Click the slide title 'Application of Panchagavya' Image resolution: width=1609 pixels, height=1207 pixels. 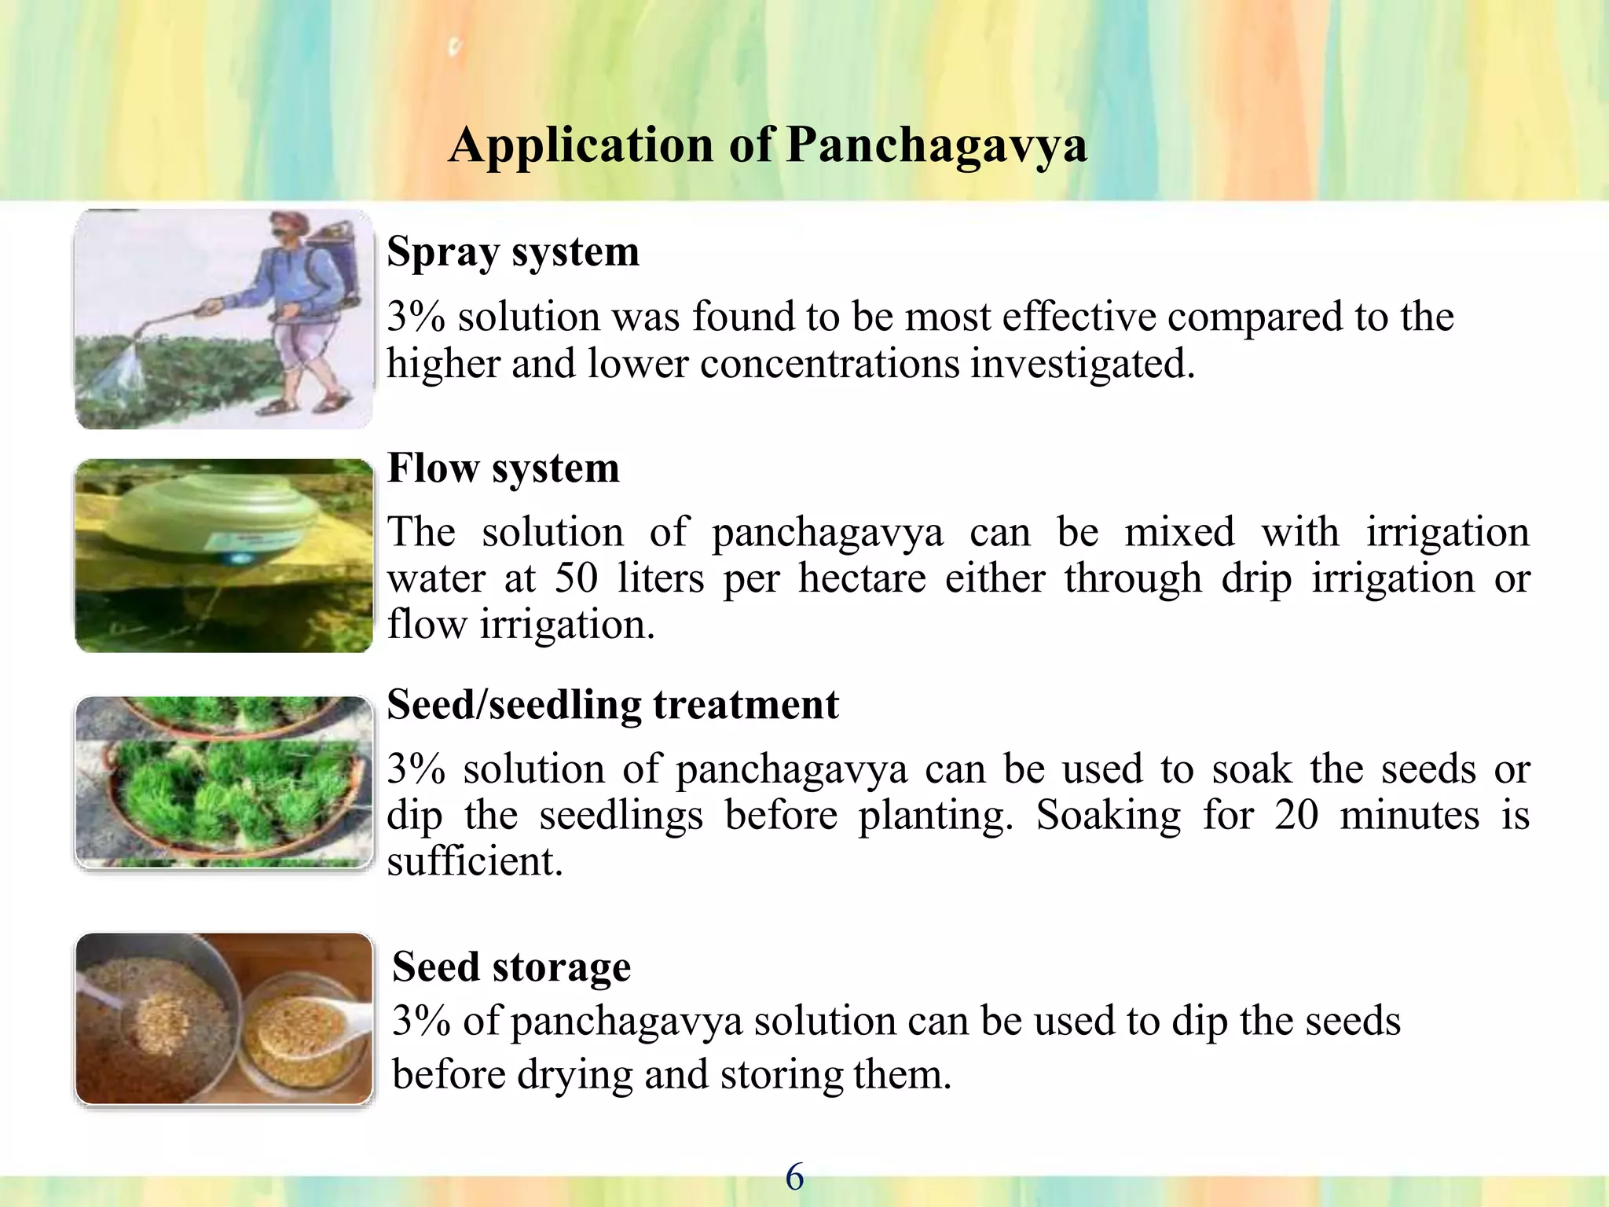(x=768, y=145)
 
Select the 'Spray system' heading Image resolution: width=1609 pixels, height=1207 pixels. (x=513, y=252)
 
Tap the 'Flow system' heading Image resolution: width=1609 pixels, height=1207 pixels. (x=503, y=468)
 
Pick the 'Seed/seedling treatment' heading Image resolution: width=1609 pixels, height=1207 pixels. (x=613, y=705)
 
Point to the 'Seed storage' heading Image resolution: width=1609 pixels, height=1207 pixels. (x=511, y=967)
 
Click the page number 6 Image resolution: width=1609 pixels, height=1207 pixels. (x=794, y=1177)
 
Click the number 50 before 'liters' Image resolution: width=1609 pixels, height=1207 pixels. (x=576, y=579)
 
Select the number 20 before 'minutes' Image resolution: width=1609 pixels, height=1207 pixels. (x=1296, y=816)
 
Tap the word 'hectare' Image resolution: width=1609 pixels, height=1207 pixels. (x=862, y=579)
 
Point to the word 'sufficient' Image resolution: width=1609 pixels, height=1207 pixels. (x=475, y=862)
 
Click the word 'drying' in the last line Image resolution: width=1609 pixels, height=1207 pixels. (x=574, y=1075)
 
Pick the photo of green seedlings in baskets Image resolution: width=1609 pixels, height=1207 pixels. (x=224, y=783)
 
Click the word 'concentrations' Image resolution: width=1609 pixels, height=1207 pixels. (x=830, y=365)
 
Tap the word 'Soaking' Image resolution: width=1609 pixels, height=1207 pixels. (x=1109, y=816)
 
